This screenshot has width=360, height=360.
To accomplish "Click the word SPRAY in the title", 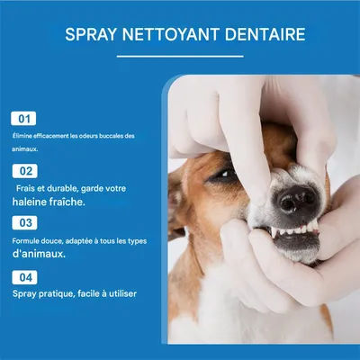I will point(90,36).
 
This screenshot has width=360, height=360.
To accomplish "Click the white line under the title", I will point(179,56).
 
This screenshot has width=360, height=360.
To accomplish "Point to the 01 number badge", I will point(25,118).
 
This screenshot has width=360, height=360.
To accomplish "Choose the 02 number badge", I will point(25,170).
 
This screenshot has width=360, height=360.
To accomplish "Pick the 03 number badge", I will point(25,222).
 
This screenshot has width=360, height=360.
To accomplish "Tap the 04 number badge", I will point(25,276).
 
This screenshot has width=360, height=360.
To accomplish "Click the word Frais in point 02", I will point(28,188).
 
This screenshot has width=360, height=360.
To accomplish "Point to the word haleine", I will point(31,202).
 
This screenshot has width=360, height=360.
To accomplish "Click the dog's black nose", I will point(296,199).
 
